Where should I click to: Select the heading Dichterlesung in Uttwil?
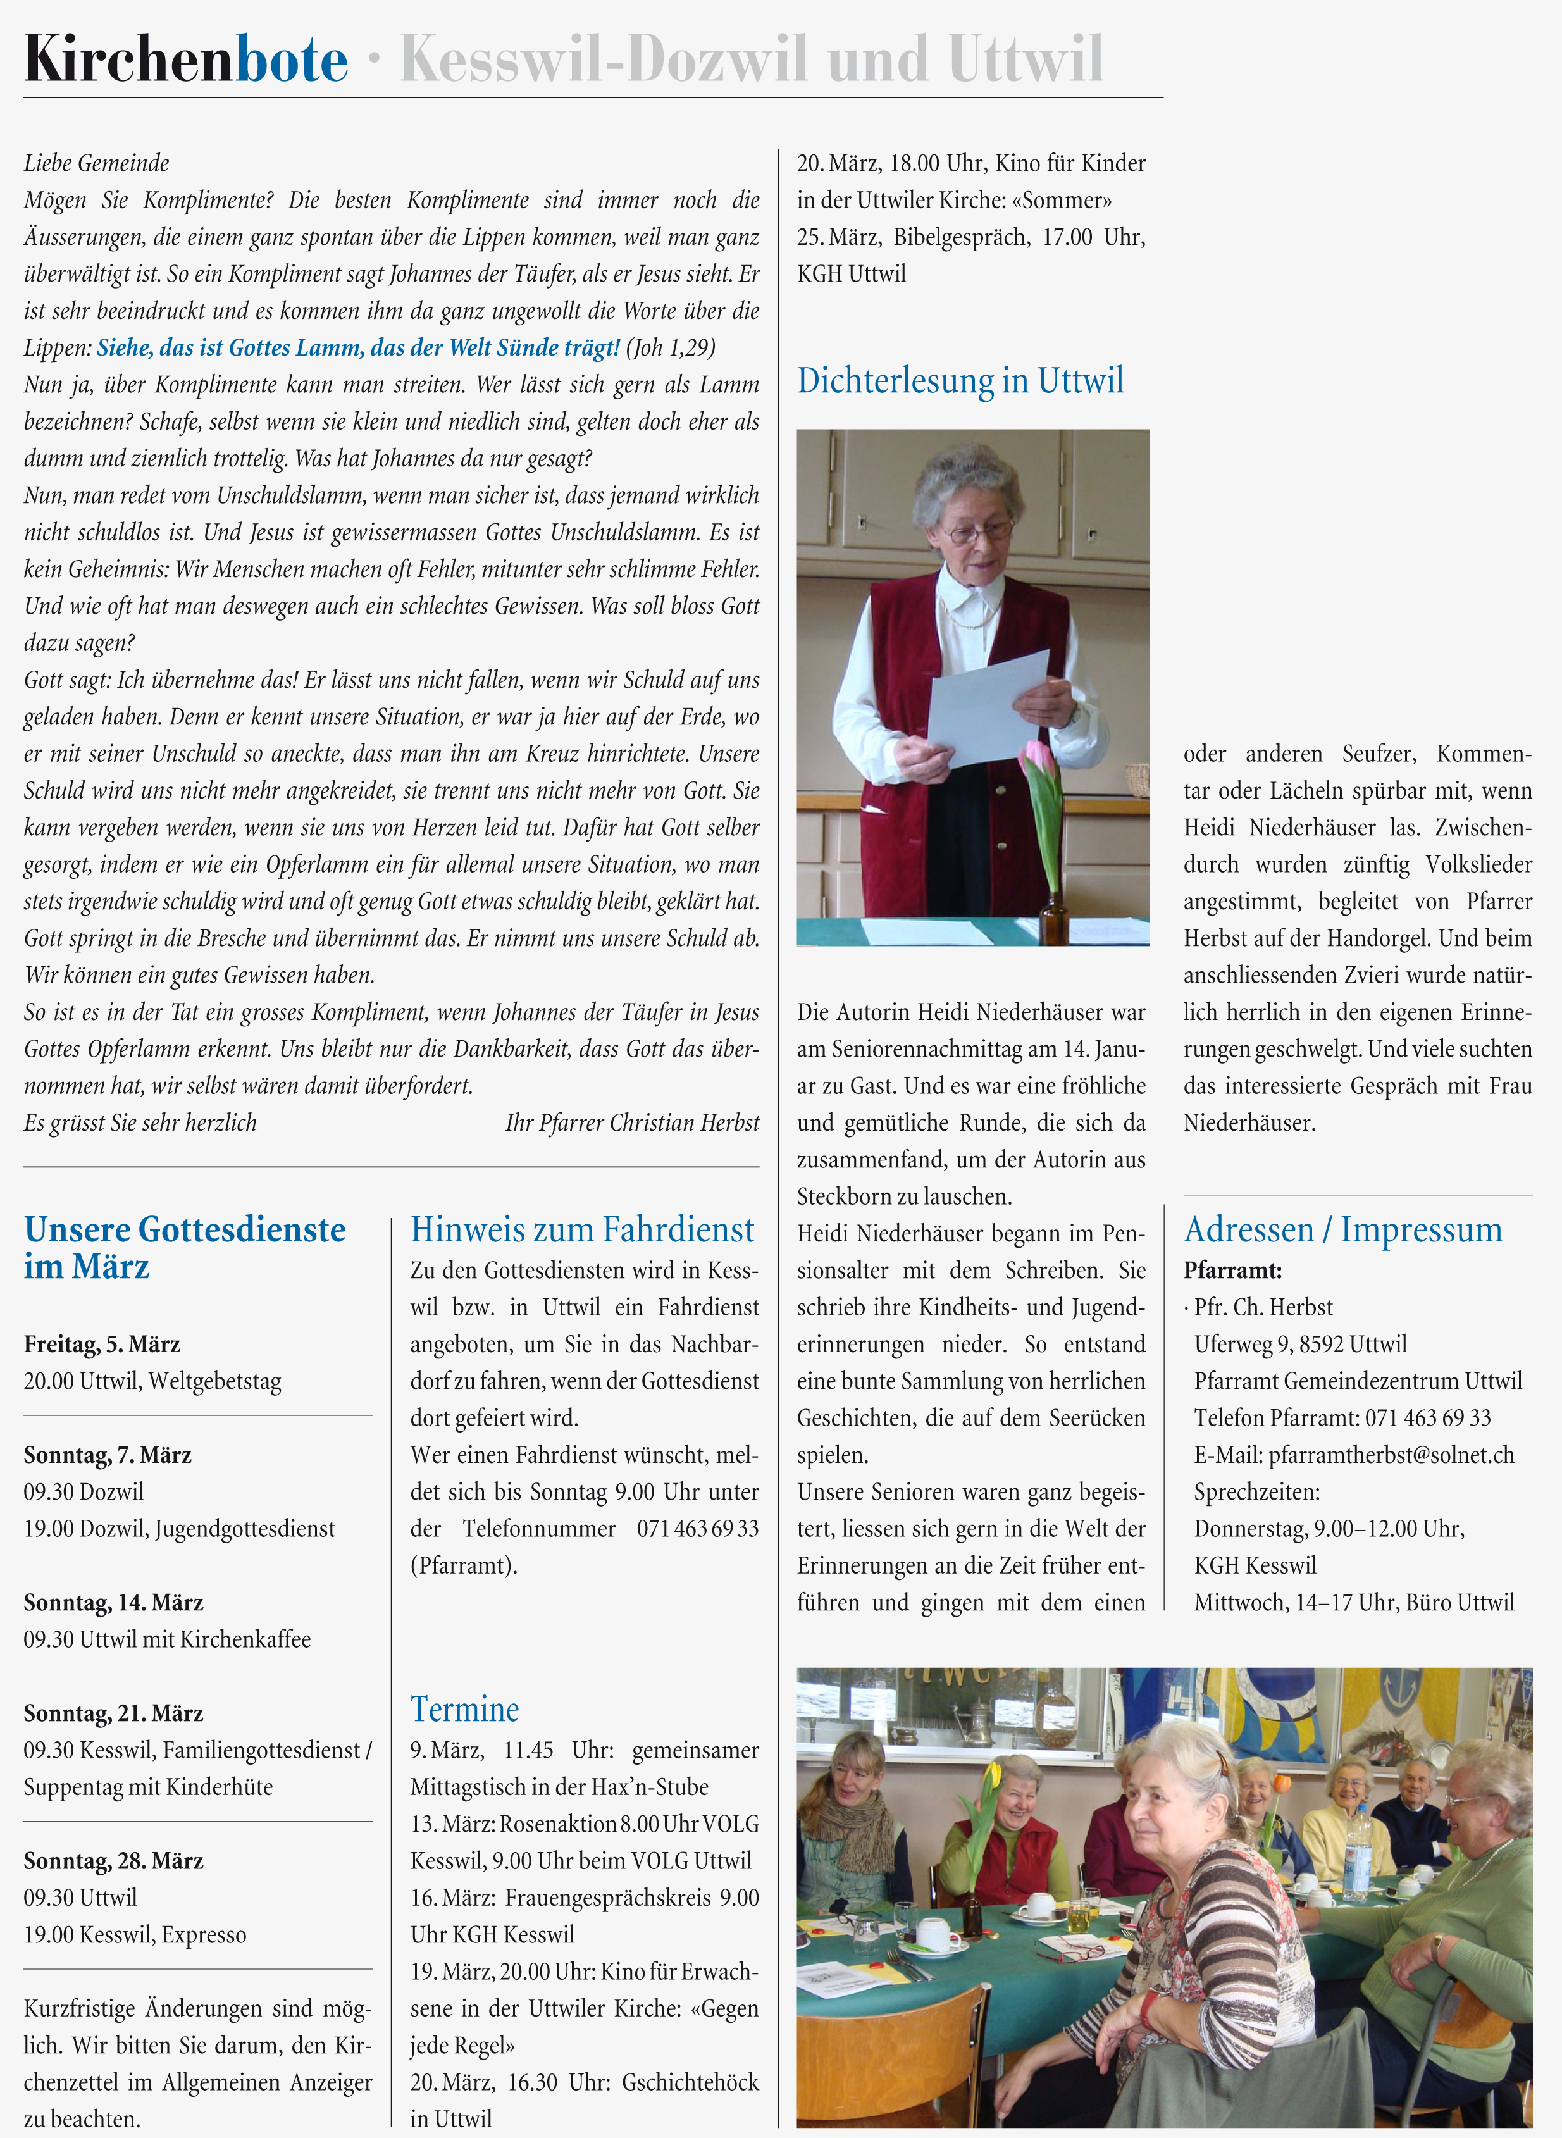coord(960,380)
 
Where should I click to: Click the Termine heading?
coord(464,1709)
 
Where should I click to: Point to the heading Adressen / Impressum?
coord(1342,1229)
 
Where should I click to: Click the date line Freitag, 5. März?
coord(102,1344)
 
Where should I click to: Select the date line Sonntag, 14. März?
coord(113,1602)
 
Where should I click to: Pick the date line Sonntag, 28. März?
coord(113,1860)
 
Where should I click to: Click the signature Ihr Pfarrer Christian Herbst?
coord(631,1122)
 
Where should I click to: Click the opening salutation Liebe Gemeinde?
coord(96,163)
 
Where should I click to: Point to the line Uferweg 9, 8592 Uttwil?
coord(1300,1344)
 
